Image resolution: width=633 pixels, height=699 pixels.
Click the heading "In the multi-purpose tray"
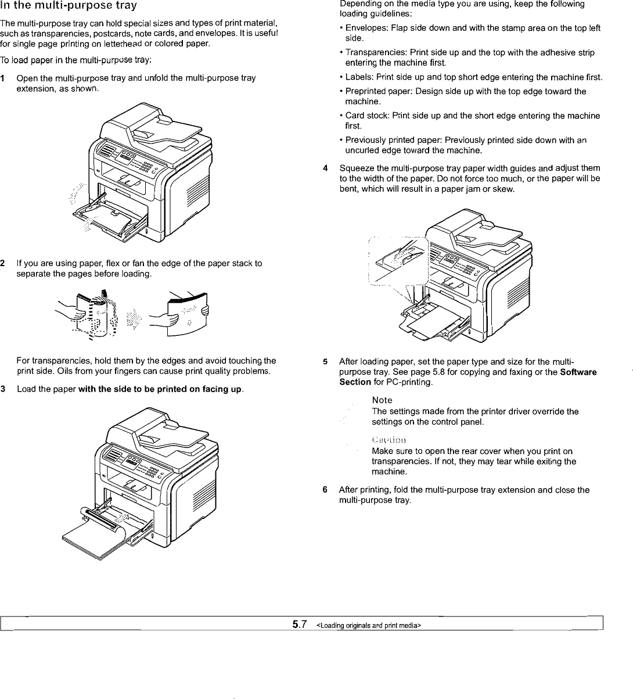(69, 6)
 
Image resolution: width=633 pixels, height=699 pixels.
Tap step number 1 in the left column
(3, 78)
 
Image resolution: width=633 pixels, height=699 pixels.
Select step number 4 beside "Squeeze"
(326, 169)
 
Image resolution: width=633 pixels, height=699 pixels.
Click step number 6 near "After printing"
(325, 490)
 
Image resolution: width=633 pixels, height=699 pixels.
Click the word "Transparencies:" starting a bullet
(372, 52)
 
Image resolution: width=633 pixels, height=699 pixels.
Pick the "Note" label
(382, 400)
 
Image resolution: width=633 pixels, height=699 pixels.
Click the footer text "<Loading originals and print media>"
(368, 625)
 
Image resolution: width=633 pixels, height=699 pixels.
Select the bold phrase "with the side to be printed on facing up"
(160, 389)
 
